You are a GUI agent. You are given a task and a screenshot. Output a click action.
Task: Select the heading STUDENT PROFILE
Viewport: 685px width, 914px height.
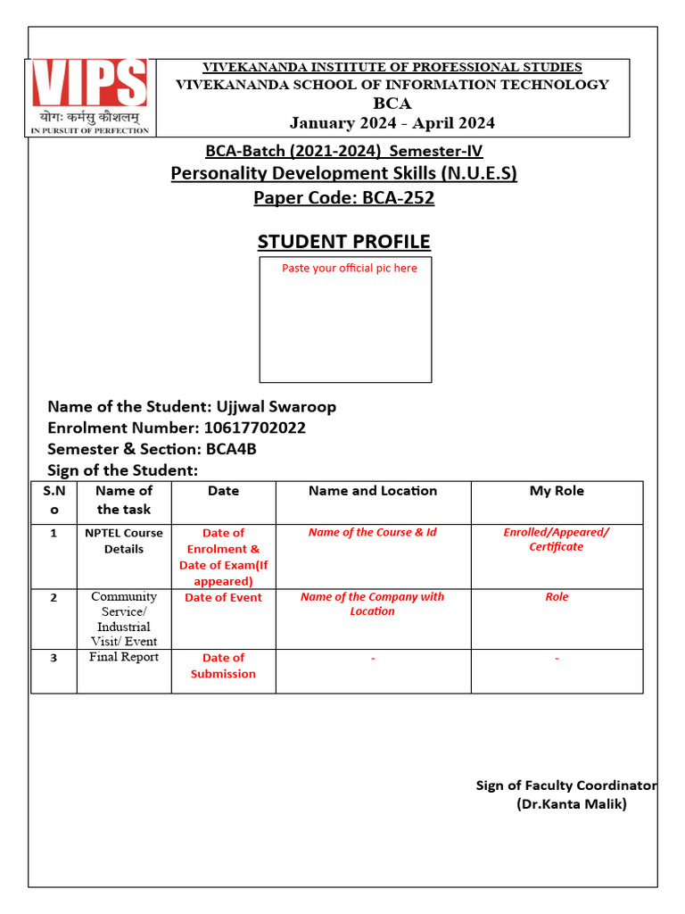pos(343,242)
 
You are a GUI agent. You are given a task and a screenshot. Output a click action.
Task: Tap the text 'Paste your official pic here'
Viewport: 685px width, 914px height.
pos(349,268)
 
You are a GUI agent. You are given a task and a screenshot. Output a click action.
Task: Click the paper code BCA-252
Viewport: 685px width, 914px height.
pos(398,197)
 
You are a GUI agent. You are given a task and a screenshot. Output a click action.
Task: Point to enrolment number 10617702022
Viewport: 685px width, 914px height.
pos(255,428)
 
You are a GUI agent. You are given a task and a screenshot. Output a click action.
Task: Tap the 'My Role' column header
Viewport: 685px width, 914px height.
pos(557,491)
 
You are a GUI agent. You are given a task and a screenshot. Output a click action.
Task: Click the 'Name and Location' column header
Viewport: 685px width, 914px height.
pos(373,491)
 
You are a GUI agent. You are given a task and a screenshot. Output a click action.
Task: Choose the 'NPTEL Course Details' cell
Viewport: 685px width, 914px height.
pos(124,541)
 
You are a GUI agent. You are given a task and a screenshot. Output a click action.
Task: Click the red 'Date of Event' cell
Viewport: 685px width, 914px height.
pos(223,598)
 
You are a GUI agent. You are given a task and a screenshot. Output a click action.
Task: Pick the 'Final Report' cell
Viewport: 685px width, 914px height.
pos(124,658)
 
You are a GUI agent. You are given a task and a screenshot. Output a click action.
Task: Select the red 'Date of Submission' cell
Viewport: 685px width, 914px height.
pos(223,666)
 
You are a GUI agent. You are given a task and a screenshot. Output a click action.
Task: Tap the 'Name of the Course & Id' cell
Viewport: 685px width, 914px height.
pos(373,533)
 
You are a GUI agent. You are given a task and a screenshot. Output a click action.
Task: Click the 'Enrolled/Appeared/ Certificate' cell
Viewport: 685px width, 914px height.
pos(557,539)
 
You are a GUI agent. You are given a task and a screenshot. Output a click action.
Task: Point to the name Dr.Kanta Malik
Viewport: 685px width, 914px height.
pos(572,804)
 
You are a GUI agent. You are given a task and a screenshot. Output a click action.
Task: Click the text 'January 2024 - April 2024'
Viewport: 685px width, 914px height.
pos(392,123)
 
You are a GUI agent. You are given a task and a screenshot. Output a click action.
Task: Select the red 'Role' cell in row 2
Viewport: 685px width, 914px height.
pos(557,597)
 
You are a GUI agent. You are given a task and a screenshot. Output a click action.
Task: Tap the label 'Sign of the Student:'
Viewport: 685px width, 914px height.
pos(122,470)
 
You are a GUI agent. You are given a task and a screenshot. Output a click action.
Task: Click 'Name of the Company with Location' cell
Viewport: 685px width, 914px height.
pos(373,604)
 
